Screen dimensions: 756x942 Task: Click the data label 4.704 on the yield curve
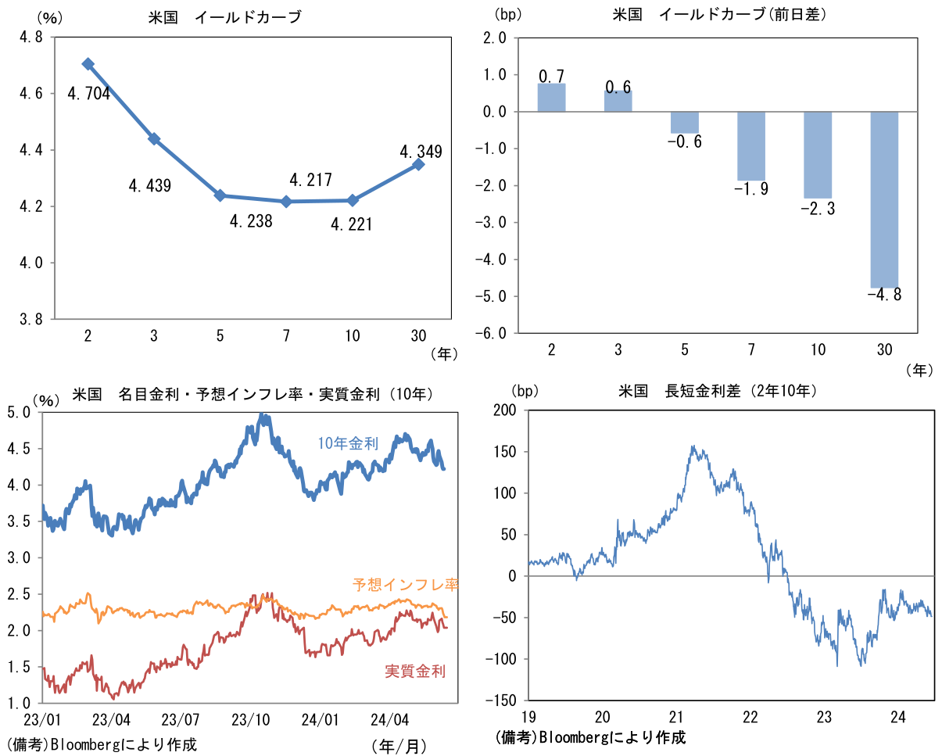click(89, 95)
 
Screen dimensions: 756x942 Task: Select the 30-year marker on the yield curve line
click(418, 164)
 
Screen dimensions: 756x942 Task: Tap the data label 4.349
click(421, 151)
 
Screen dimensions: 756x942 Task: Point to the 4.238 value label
click(251, 221)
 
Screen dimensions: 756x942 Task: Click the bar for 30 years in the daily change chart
click(884, 199)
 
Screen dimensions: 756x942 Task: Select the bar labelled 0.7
click(552, 98)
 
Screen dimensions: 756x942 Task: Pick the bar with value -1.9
click(751, 146)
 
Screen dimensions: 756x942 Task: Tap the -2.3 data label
click(818, 209)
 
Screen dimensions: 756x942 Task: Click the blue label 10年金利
click(348, 443)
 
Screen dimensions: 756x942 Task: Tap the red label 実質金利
click(415, 670)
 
